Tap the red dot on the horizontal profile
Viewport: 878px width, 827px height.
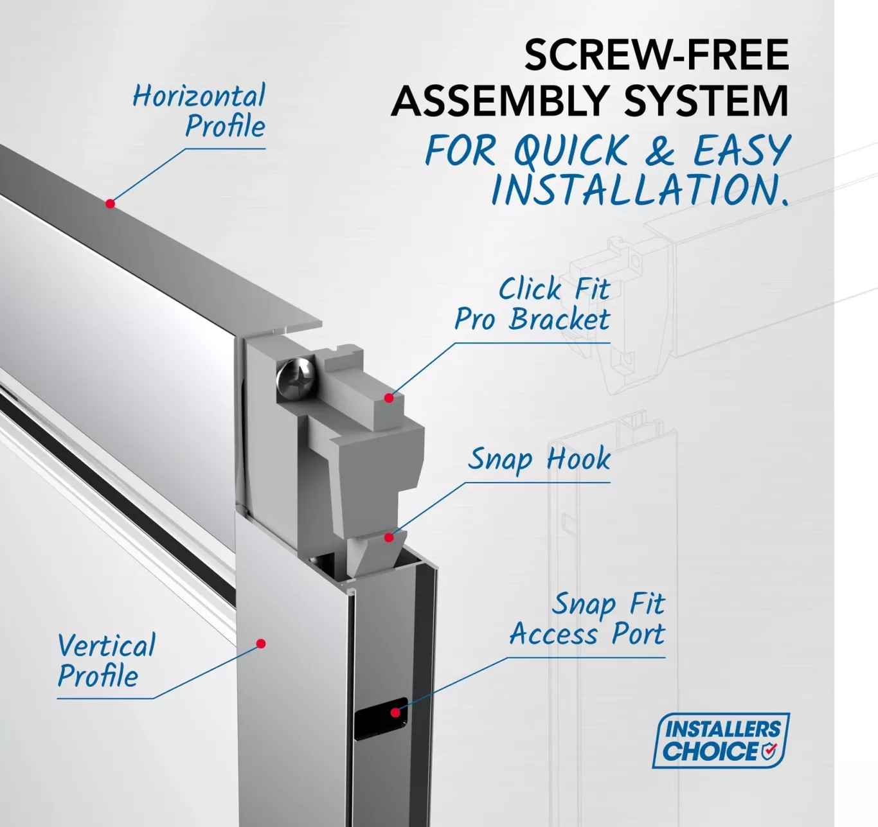pos(110,204)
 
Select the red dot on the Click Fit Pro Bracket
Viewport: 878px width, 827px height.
pos(389,398)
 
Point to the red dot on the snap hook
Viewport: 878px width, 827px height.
pos(389,537)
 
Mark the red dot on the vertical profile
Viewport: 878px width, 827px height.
pos(261,644)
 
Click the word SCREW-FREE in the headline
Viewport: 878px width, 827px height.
pos(656,55)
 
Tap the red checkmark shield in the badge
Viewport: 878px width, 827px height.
pos(769,751)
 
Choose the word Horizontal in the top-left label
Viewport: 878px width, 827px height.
pos(199,96)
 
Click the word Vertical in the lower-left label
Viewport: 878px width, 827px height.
pos(107,646)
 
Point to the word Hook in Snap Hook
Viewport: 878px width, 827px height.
pos(578,459)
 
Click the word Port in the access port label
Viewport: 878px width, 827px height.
pos(638,634)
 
